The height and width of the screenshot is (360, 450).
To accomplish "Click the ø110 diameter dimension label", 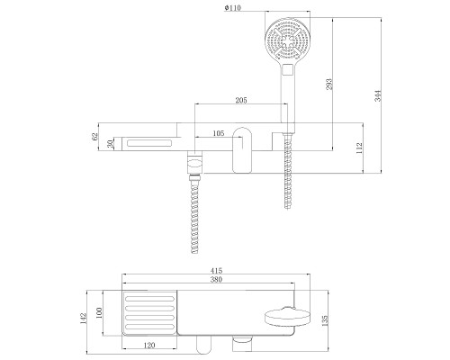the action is tap(232, 8).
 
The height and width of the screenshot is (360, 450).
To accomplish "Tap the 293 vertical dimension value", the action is tap(329, 85).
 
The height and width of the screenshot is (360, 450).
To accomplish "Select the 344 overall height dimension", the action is tap(378, 95).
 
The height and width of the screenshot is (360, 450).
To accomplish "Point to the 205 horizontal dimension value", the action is tap(241, 100).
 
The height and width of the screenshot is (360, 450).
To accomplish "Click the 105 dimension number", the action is tap(218, 133).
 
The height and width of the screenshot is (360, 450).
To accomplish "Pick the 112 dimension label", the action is tap(359, 148).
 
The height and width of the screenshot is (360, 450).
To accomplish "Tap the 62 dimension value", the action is tap(94, 136).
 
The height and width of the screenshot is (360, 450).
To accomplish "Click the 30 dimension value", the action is tap(111, 144).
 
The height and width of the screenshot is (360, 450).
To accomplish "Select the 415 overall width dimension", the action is tap(216, 271).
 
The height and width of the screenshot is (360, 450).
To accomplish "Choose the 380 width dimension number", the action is tap(216, 280).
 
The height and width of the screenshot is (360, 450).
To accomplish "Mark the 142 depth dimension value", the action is tap(83, 319).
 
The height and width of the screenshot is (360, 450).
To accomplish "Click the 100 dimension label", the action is tap(100, 312).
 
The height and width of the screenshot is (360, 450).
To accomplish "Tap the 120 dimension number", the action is tap(149, 346).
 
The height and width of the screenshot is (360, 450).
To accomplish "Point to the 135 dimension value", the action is tap(325, 320).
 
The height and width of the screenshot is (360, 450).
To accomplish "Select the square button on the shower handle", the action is tap(287, 69).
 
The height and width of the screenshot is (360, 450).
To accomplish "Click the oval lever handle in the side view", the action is tap(242, 150).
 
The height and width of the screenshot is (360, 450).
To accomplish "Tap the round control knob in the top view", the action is tap(287, 319).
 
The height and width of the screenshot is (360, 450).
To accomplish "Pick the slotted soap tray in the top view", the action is tap(149, 313).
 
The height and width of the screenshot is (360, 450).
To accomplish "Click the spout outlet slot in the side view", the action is tap(149, 143).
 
